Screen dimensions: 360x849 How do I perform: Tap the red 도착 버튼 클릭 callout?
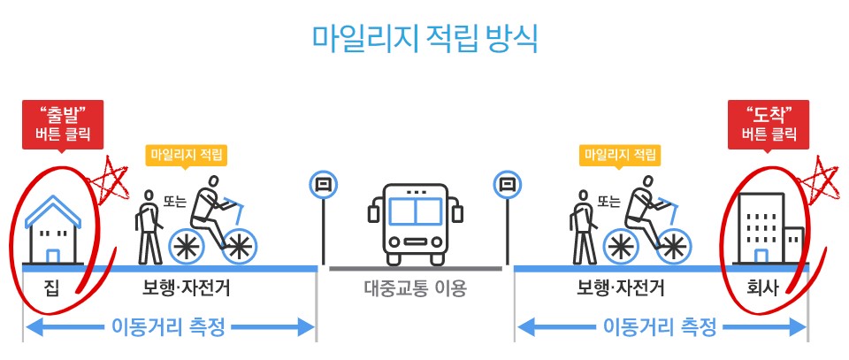769,125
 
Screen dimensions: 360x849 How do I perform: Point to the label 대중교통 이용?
415,288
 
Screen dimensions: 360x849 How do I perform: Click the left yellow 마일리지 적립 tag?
187,155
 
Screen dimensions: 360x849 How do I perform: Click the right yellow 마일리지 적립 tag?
621,155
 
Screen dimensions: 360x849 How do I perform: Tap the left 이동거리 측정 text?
168,327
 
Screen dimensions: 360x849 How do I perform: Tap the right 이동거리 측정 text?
660,327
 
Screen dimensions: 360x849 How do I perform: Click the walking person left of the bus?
148,228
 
